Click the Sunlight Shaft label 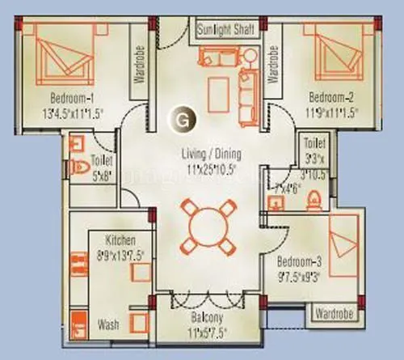point(226,30)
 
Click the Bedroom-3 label point(301,263)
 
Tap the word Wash point(108,325)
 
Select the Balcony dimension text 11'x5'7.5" point(213,331)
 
